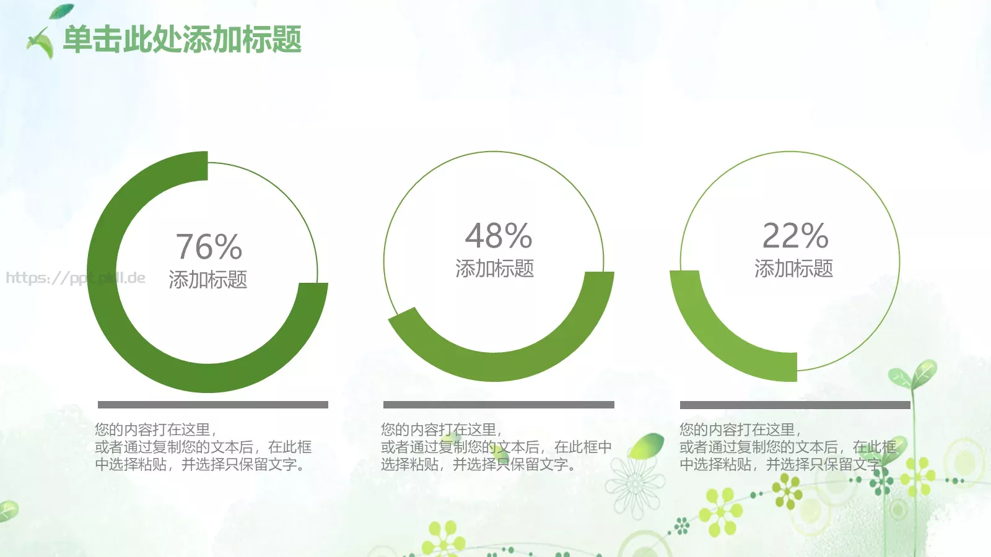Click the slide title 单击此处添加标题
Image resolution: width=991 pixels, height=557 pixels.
(x=182, y=40)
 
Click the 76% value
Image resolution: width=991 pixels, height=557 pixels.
(x=209, y=247)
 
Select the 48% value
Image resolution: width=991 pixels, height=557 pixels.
(x=499, y=236)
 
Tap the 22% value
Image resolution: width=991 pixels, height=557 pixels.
(x=795, y=236)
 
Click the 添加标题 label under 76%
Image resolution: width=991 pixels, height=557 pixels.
(x=208, y=280)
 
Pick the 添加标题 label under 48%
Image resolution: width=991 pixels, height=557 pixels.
(x=494, y=269)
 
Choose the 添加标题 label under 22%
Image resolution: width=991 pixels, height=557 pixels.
(x=793, y=269)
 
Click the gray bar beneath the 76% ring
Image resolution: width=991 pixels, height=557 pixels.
(x=212, y=405)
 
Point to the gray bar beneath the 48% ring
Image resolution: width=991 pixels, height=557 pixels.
(x=499, y=405)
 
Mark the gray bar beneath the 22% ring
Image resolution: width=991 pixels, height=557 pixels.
(x=795, y=405)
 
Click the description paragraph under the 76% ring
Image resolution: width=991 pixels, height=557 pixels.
(x=203, y=447)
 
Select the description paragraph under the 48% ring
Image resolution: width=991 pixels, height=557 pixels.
(x=495, y=447)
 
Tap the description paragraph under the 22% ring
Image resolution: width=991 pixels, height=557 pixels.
(x=787, y=447)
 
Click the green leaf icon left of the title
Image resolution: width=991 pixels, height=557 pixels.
(x=41, y=42)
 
